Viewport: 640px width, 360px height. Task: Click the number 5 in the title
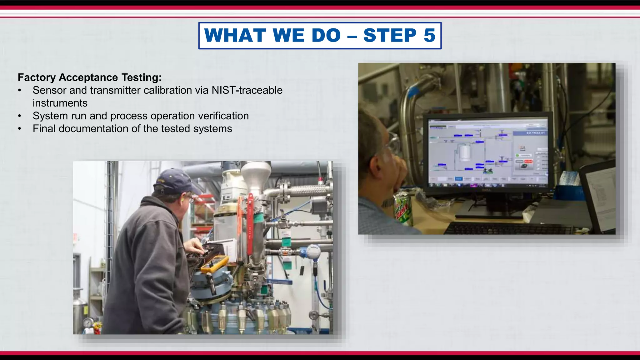pyautogui.click(x=429, y=35)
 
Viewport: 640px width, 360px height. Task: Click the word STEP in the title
pyautogui.click(x=390, y=35)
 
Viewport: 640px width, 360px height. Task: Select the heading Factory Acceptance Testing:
pyautogui.click(x=90, y=77)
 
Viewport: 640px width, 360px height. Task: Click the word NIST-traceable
pyautogui.click(x=247, y=90)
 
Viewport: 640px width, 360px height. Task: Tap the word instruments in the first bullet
pyautogui.click(x=60, y=103)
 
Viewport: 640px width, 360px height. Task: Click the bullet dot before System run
pyautogui.click(x=20, y=116)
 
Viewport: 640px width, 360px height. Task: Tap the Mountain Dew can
pyautogui.click(x=403, y=209)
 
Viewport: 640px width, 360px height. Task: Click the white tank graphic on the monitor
pyautogui.click(x=465, y=152)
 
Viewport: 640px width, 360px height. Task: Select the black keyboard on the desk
pyautogui.click(x=506, y=229)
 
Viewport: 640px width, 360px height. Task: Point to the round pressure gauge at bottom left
pyautogui.click(x=88, y=323)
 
